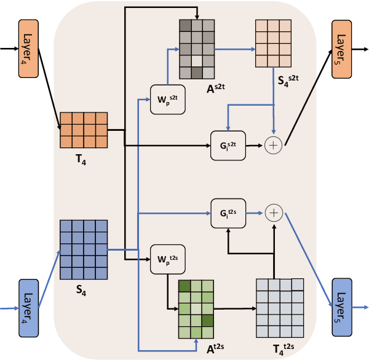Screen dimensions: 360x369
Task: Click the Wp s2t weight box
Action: [x=167, y=99]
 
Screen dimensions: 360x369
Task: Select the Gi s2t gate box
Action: [x=228, y=146]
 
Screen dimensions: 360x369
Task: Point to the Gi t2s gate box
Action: [x=228, y=213]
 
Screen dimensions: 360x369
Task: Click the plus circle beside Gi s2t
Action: [x=273, y=146]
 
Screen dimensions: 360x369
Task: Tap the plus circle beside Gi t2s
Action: [x=273, y=213]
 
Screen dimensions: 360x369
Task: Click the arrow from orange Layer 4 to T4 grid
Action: [x=49, y=86]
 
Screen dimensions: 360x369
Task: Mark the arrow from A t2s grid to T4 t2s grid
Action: [x=235, y=306]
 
